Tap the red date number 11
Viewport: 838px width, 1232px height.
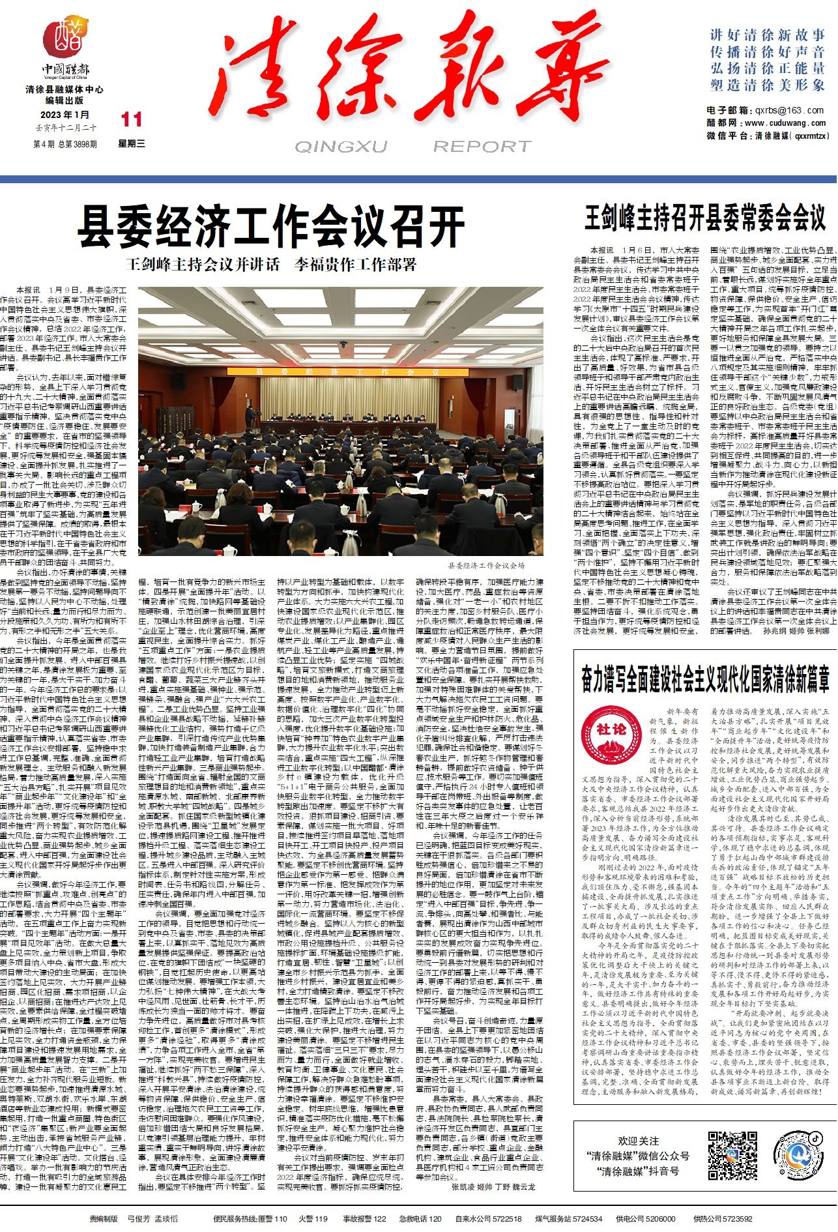click(x=131, y=119)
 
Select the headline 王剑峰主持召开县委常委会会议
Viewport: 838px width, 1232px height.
click(x=704, y=218)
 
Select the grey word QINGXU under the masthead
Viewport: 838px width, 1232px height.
click(x=341, y=146)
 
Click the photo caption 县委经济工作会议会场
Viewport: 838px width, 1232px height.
click(x=485, y=565)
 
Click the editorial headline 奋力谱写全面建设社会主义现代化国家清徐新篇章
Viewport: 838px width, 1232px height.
click(x=705, y=679)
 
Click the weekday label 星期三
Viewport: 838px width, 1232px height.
click(x=131, y=143)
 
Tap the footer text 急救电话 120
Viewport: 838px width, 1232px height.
click(x=420, y=1218)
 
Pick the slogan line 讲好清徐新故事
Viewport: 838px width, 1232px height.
click(x=768, y=35)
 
